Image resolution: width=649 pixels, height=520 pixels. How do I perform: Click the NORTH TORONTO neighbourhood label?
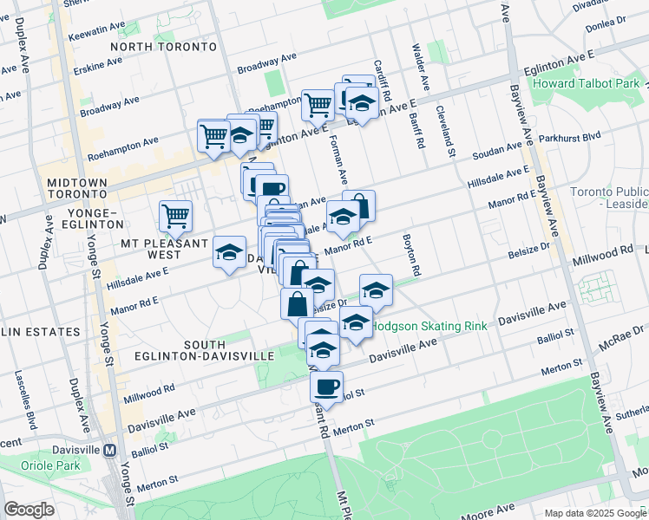click(163, 46)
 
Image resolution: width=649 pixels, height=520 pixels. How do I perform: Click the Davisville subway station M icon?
click(109, 451)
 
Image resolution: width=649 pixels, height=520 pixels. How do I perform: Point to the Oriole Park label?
click(31, 465)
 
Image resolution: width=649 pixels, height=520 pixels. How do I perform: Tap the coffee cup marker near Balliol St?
click(326, 387)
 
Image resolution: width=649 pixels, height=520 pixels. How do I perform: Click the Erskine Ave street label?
click(97, 65)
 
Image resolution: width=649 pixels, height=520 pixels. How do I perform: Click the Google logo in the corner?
click(29, 510)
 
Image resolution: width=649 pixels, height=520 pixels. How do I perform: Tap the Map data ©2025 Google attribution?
click(594, 513)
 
